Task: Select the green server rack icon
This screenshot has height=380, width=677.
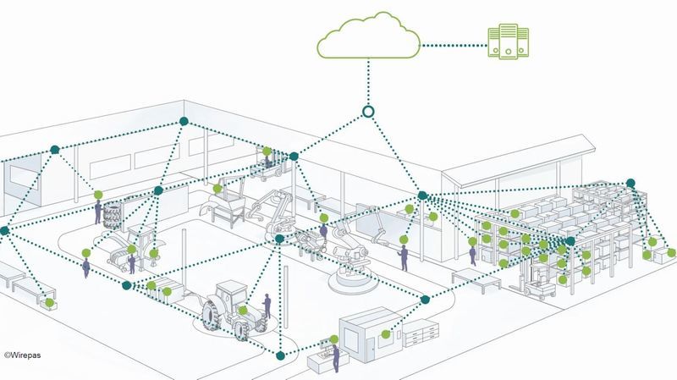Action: point(509,41)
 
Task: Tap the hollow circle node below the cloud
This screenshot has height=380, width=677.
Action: point(368,112)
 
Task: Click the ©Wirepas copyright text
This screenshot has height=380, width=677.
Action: point(23,355)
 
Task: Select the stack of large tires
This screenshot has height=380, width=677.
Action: point(112,215)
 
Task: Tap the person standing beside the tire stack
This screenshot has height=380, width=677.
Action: point(98,212)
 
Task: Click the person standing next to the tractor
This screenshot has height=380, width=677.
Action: point(267,306)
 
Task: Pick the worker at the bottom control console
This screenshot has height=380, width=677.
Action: point(335,358)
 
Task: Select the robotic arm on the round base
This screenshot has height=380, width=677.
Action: point(350,259)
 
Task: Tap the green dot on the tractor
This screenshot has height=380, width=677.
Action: point(243,310)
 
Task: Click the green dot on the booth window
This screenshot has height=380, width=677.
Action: point(386,333)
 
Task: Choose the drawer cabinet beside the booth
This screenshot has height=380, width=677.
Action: point(421,333)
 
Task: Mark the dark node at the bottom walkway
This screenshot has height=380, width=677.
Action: point(280,355)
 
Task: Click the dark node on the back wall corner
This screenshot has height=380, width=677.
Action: point(184,121)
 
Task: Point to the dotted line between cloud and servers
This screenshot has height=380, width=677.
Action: point(454,46)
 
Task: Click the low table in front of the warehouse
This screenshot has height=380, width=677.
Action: point(476,278)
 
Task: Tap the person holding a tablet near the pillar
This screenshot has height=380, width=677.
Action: point(404,258)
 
